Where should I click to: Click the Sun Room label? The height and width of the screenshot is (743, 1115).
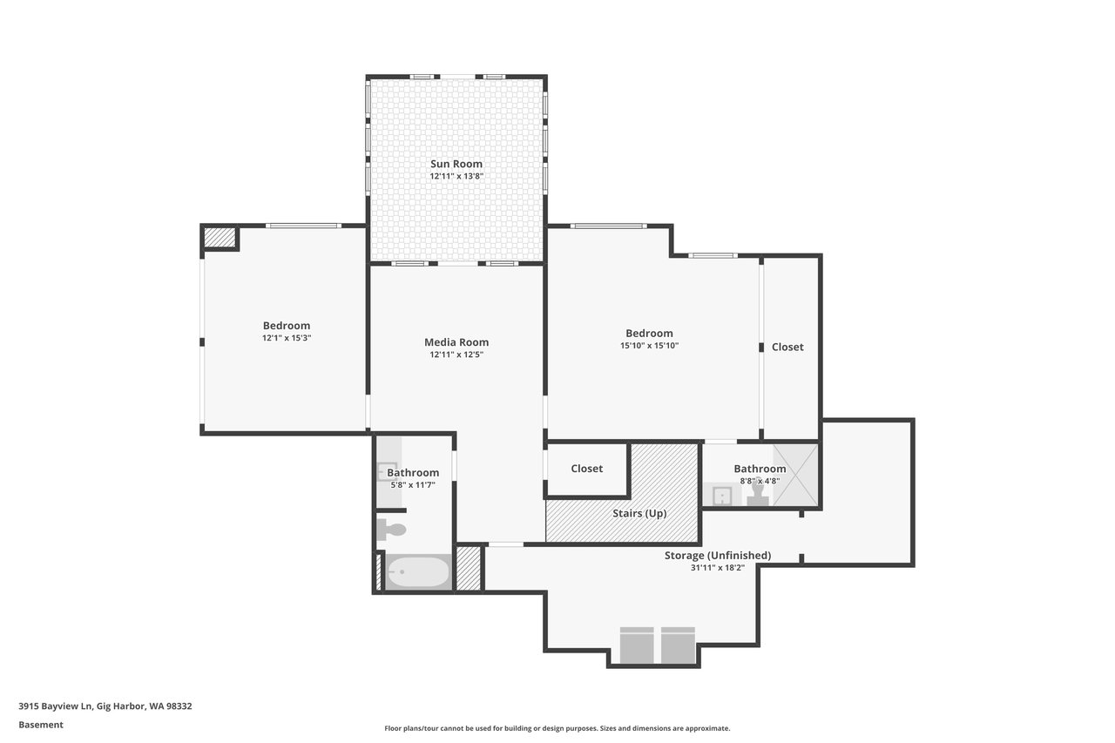(456, 164)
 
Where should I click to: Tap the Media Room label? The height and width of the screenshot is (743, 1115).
(456, 342)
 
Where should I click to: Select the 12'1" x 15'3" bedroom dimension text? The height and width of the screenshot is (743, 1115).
(287, 338)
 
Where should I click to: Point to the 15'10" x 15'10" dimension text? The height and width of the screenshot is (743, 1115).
(649, 346)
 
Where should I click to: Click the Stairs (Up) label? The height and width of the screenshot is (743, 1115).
(639, 513)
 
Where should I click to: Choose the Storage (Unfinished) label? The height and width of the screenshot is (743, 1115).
(718, 556)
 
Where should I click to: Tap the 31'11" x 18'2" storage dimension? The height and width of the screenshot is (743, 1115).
(718, 567)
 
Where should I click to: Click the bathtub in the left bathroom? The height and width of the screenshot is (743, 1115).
(418, 572)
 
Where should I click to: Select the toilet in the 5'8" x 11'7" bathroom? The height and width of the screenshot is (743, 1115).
(391, 530)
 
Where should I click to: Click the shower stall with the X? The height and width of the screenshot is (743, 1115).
(795, 475)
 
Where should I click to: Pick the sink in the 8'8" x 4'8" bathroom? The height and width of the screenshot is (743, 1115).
(721, 496)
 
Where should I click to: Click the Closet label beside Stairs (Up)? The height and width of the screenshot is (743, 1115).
(586, 469)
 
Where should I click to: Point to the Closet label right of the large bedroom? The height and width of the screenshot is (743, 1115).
(787, 347)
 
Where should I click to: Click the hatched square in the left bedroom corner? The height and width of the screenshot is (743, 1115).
(220, 238)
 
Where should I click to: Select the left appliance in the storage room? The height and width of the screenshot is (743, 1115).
(637, 645)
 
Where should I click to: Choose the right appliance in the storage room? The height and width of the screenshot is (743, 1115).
(678, 645)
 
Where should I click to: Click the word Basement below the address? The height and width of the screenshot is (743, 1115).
(41, 725)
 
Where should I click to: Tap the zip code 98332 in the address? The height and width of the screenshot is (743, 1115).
(179, 706)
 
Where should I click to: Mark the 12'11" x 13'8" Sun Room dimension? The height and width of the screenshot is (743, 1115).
(456, 176)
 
